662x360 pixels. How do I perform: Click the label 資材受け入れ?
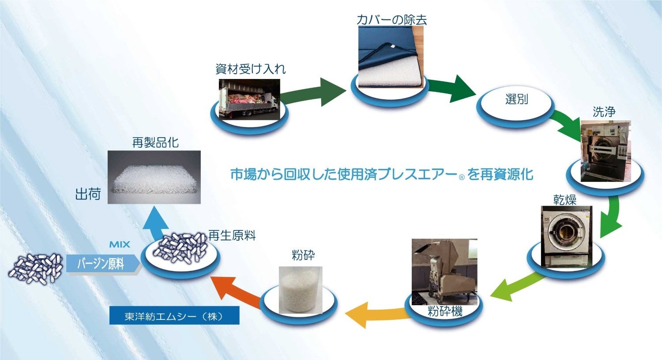point(250,69)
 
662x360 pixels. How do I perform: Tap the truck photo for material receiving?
point(250,99)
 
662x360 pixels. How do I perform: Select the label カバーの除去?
point(392,19)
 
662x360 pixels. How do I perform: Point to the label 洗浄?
point(604,112)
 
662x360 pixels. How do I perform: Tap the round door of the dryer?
point(563,232)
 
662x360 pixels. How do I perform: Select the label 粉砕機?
point(445,311)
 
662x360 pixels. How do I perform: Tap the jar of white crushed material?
point(301,289)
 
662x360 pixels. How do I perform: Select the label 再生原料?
point(232,236)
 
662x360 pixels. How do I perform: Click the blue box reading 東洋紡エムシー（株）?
point(174,316)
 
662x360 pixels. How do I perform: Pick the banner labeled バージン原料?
point(102,264)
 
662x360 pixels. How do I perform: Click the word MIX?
point(120,244)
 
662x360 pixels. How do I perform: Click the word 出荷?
point(88,194)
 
